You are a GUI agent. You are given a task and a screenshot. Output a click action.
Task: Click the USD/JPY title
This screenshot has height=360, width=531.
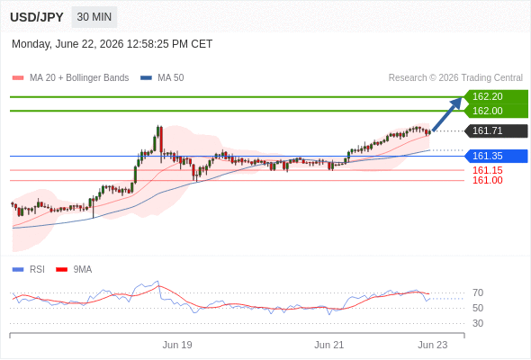(37, 17)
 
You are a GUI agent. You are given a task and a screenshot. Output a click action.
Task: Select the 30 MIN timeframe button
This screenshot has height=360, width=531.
(94, 17)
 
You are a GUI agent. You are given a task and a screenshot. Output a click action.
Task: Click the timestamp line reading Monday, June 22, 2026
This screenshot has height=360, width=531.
(112, 44)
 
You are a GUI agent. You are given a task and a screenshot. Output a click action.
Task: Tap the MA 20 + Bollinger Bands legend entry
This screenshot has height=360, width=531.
(70, 78)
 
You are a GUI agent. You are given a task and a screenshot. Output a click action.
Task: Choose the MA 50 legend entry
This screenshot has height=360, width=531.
(162, 78)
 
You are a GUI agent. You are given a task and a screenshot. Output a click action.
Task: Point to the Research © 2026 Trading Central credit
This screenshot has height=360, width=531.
(455, 78)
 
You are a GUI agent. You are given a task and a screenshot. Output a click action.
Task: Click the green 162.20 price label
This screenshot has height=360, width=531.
(496, 96)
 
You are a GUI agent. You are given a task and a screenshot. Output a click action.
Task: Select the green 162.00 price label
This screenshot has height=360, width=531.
(496, 111)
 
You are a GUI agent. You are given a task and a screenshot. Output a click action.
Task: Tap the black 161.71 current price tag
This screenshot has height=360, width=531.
(497, 130)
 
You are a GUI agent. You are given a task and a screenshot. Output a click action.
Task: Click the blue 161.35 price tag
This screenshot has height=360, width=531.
(497, 156)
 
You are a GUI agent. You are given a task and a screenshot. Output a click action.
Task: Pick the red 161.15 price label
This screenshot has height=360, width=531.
(487, 170)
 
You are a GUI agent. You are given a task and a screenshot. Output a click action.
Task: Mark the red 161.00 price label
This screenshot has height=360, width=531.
(487, 180)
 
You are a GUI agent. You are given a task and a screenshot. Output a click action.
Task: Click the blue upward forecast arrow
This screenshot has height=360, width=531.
(447, 113)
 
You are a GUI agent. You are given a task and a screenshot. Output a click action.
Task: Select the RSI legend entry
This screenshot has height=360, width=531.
(29, 270)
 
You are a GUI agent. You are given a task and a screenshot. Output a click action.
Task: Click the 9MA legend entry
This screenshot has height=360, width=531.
(74, 270)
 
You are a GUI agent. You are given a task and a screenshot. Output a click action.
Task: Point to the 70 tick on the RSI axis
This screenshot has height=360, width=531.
(478, 292)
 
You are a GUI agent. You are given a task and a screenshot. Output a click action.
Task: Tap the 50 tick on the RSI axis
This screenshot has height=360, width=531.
(478, 308)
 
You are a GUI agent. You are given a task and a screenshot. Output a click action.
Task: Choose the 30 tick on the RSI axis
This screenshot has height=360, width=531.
(478, 323)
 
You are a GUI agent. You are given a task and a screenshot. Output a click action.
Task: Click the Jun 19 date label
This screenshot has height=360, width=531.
(177, 345)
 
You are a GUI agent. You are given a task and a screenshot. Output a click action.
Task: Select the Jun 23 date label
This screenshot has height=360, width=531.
(433, 345)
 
